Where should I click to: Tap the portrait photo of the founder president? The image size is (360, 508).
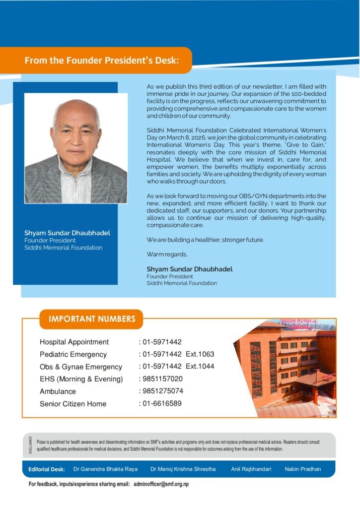76,148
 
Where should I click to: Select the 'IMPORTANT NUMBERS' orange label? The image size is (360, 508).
91,319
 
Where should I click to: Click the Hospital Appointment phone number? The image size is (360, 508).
162,342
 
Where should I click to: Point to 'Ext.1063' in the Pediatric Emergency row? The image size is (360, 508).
200,354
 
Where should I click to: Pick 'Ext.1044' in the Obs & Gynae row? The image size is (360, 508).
200,367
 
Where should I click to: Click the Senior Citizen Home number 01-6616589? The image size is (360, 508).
162,403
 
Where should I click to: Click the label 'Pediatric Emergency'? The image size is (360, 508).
73,354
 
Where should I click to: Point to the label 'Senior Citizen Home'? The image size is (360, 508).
73,404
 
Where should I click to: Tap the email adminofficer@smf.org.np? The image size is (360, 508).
161,484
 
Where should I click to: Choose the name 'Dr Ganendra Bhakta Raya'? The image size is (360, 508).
105,469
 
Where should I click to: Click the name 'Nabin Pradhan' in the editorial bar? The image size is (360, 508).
303,469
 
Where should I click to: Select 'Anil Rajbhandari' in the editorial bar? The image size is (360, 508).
251,469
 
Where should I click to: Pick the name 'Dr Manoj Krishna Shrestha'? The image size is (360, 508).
183,469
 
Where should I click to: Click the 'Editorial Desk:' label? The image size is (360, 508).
47,469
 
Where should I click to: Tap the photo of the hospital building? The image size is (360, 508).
288,367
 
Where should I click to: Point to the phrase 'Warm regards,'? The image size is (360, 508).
167,254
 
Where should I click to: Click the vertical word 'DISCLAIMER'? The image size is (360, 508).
30,445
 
